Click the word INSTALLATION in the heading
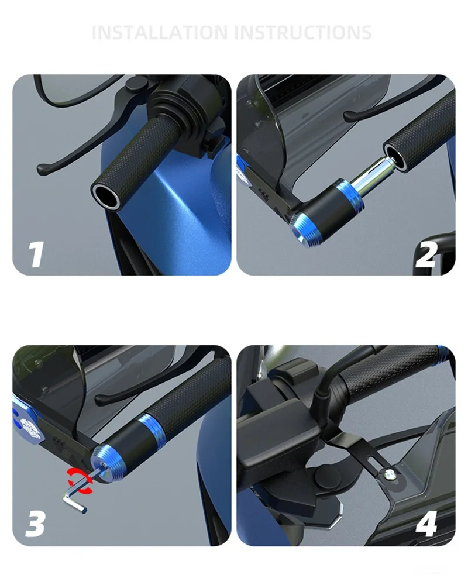(x=160, y=32)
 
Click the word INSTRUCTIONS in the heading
(x=304, y=32)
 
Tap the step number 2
(x=426, y=255)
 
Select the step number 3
(x=36, y=524)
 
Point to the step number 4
(x=426, y=524)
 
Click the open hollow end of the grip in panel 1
(x=106, y=195)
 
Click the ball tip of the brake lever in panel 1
(x=43, y=170)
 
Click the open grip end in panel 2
(x=395, y=156)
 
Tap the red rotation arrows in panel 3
(x=80, y=480)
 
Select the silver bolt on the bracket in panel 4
(x=390, y=474)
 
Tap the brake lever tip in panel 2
(x=349, y=116)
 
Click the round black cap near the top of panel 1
(x=135, y=84)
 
